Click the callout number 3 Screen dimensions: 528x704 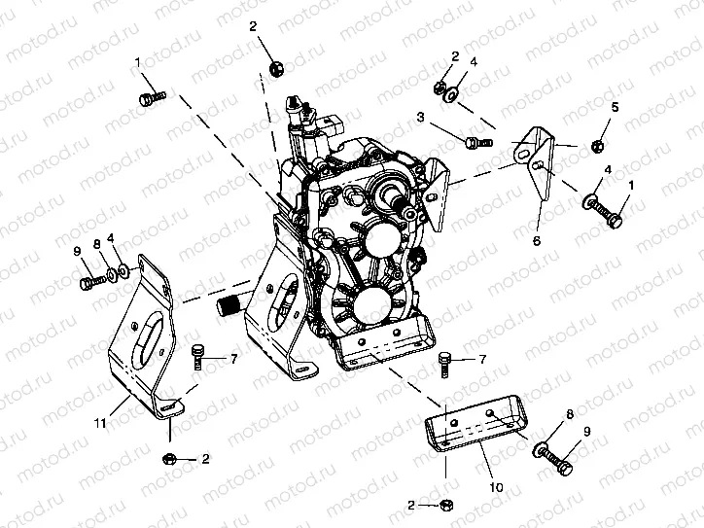click(x=421, y=117)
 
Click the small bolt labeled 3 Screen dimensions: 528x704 click(x=474, y=144)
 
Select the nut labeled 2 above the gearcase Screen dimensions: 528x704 click(x=275, y=67)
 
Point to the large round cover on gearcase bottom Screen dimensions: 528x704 click(x=370, y=309)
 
